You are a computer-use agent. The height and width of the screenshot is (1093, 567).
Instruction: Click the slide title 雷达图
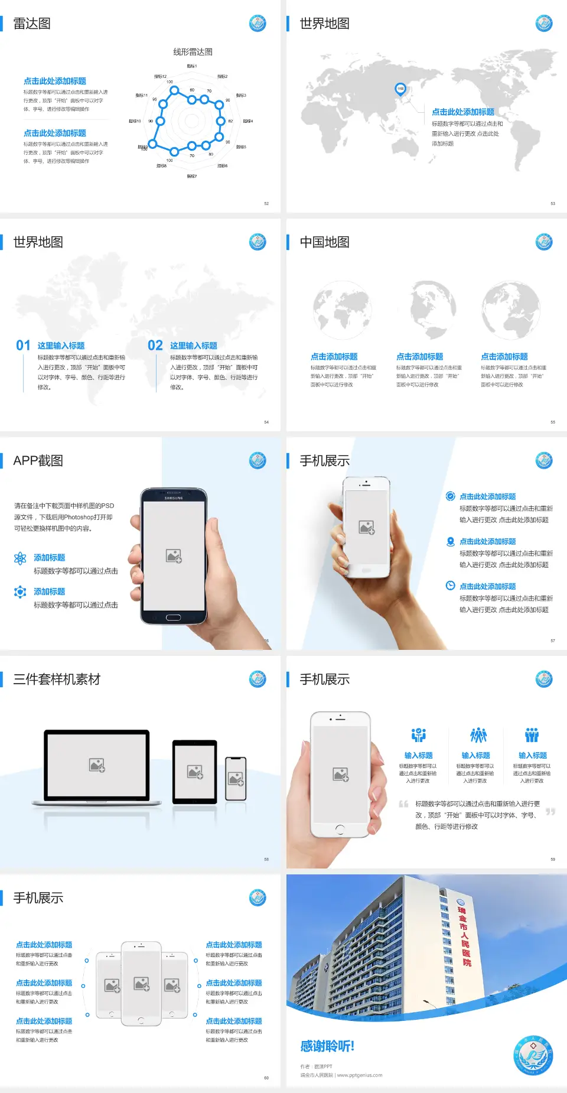point(32,24)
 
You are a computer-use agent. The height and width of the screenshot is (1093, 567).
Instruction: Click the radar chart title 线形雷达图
point(193,52)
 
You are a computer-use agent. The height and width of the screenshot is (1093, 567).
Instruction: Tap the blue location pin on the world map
point(400,89)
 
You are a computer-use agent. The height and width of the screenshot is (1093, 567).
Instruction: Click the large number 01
point(23,346)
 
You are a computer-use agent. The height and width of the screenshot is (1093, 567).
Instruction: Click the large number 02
point(155,346)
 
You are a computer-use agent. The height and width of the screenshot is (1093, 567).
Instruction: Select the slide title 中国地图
point(324,242)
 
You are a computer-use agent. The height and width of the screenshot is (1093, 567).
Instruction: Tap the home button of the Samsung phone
point(173,617)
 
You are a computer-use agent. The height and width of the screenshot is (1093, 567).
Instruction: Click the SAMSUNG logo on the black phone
point(174,498)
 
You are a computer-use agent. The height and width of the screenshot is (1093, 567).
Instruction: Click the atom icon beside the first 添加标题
point(20,558)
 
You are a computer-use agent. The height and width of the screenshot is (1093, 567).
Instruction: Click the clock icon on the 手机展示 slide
point(450,585)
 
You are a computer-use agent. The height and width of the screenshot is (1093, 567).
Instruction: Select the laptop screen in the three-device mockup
point(97,765)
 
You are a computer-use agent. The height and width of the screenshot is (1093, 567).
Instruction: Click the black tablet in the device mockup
point(195,771)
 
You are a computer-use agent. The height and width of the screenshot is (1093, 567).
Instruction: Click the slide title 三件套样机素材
point(57,679)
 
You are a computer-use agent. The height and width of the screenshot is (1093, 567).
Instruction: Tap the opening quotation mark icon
point(403,804)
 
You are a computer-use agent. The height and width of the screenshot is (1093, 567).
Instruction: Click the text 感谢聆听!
point(327,1046)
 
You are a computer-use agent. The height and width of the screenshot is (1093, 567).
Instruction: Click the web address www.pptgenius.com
point(360,1075)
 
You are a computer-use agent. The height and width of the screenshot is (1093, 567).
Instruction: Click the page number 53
point(553,203)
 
